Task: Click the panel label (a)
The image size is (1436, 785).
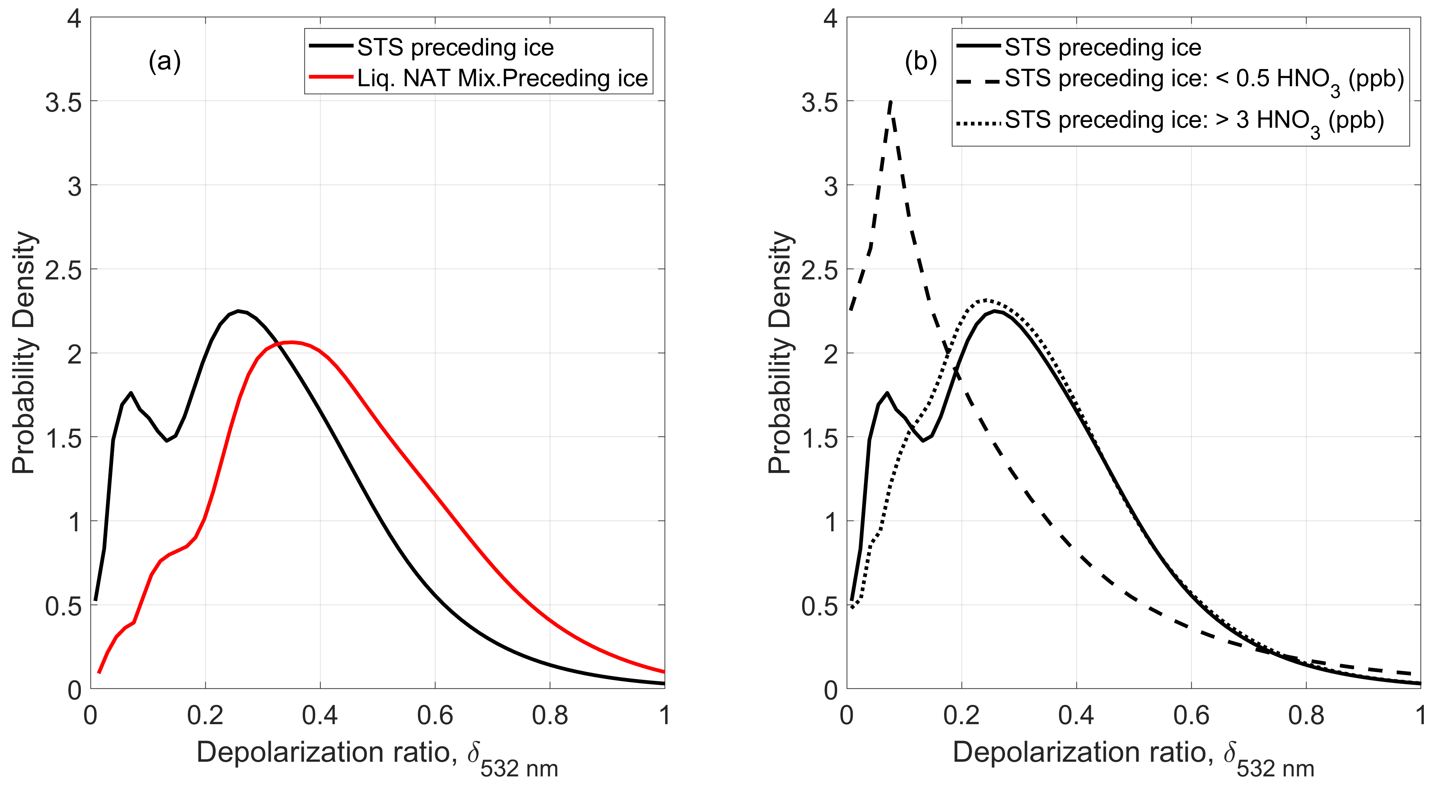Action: coord(165,61)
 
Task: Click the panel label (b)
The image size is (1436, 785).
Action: coord(920,61)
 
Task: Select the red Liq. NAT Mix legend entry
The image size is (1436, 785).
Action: coord(502,78)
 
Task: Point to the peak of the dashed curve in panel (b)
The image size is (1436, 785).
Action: coord(891,102)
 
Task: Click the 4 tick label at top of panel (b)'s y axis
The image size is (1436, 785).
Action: coord(831,20)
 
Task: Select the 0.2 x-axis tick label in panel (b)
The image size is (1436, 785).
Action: coord(961,715)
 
